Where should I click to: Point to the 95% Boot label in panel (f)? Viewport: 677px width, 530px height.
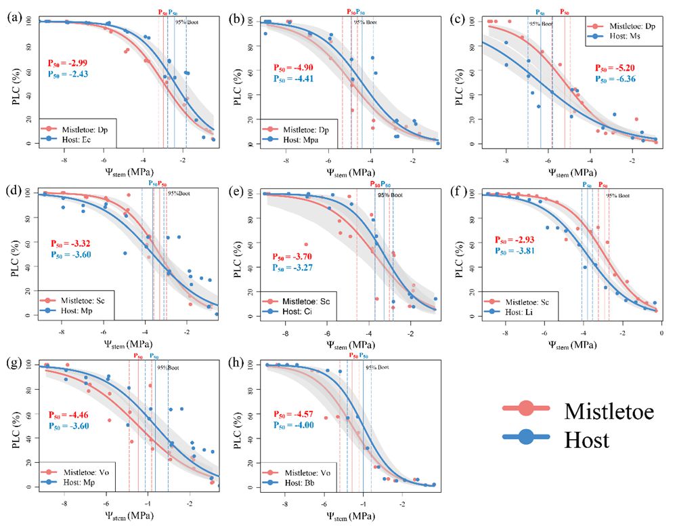click(617, 195)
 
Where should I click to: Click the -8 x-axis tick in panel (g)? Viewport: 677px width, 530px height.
click(64, 504)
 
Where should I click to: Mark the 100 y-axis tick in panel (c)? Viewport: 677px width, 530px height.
click(464, 20)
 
